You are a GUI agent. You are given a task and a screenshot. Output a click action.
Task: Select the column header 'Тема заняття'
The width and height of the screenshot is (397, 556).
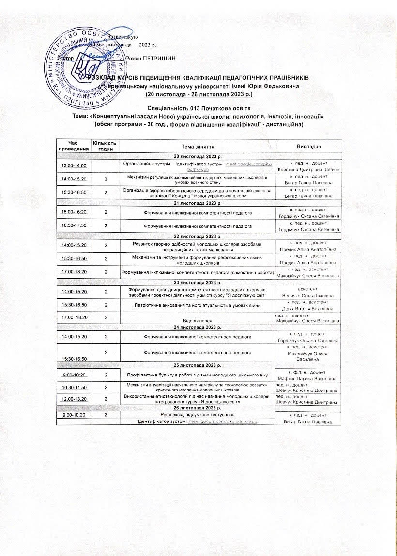[x=198, y=146]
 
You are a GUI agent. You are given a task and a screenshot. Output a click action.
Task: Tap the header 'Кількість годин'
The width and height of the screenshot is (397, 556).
[x=106, y=146]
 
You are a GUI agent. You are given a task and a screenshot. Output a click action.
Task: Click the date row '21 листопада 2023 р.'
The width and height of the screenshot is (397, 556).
[x=198, y=203]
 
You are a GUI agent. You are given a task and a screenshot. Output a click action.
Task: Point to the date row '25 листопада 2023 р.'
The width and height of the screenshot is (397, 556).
[x=198, y=364]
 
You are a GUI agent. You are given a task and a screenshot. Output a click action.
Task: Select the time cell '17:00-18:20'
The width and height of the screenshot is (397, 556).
[x=73, y=273]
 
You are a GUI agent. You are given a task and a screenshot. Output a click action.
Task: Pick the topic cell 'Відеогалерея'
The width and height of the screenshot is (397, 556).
[x=198, y=321]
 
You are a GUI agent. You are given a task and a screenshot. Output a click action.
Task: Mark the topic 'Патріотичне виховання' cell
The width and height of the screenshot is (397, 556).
[x=198, y=305]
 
